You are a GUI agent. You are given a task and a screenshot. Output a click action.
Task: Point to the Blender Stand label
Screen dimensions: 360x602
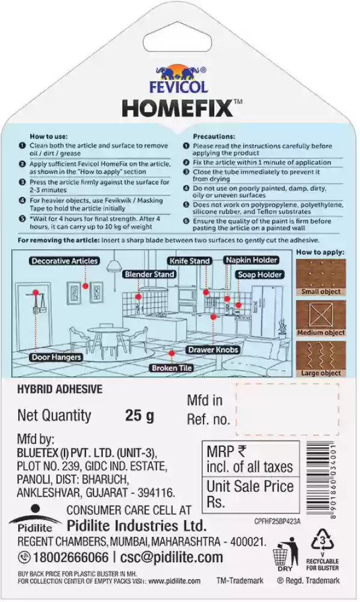(x=149, y=275)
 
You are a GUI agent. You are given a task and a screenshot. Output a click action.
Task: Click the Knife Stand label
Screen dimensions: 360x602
(x=189, y=261)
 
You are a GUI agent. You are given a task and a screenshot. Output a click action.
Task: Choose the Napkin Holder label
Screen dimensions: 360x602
(x=252, y=260)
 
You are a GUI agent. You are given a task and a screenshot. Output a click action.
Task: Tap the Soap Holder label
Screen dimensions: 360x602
(x=259, y=275)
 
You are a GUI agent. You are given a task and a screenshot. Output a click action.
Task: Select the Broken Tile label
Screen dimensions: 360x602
(x=172, y=368)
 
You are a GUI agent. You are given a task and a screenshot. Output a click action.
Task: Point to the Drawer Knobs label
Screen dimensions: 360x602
(x=213, y=350)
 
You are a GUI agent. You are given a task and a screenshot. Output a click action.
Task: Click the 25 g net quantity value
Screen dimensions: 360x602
(x=139, y=415)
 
